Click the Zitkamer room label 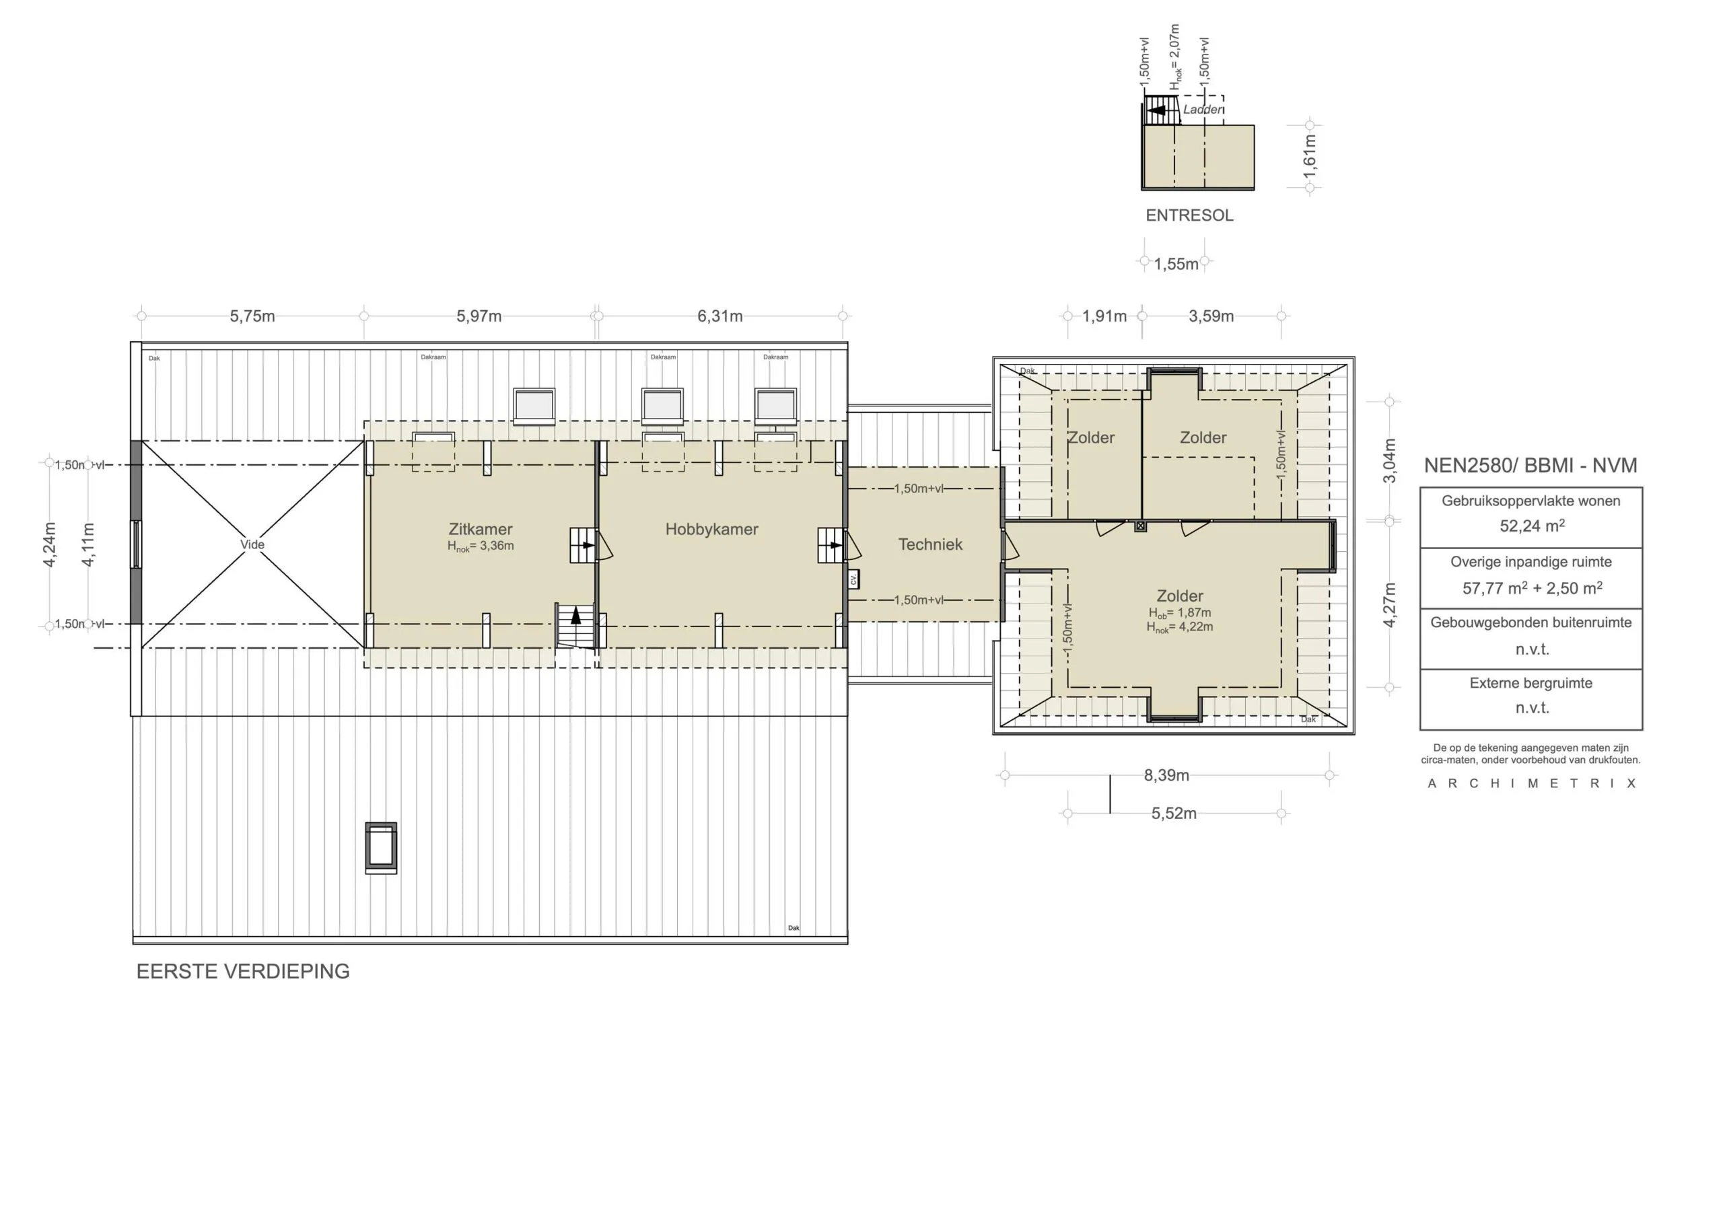coord(481,529)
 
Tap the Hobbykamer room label coord(711,529)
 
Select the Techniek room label coord(929,545)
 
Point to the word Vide coord(252,545)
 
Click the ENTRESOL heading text coord(1189,215)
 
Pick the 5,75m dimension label coord(252,316)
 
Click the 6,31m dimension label coord(719,316)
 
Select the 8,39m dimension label coord(1166,775)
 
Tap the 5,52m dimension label coord(1174,814)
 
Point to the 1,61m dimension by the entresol coord(1310,156)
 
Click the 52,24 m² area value coord(1532,526)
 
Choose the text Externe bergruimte coord(1531,683)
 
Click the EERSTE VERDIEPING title coord(242,971)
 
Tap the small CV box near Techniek coord(853,579)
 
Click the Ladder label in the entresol coord(1201,110)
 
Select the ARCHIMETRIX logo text coord(1531,783)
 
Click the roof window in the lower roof coord(381,848)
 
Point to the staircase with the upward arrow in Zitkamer coord(575,625)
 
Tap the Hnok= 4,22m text coord(1179,627)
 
